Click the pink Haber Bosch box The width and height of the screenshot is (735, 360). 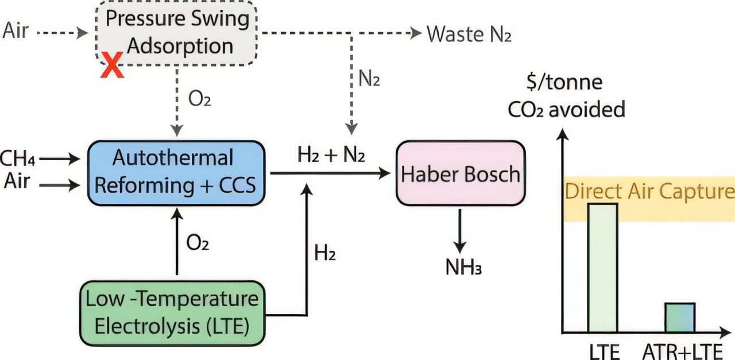(x=461, y=173)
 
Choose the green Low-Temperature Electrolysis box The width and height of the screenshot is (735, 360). (x=172, y=312)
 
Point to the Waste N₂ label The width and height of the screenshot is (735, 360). (x=469, y=34)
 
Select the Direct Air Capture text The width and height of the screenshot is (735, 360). (x=649, y=191)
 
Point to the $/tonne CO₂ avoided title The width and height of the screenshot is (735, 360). (x=566, y=96)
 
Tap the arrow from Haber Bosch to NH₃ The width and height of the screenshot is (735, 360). (x=459, y=229)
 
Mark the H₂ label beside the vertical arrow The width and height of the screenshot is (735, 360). (x=325, y=253)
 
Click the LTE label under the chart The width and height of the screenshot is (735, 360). (x=604, y=351)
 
